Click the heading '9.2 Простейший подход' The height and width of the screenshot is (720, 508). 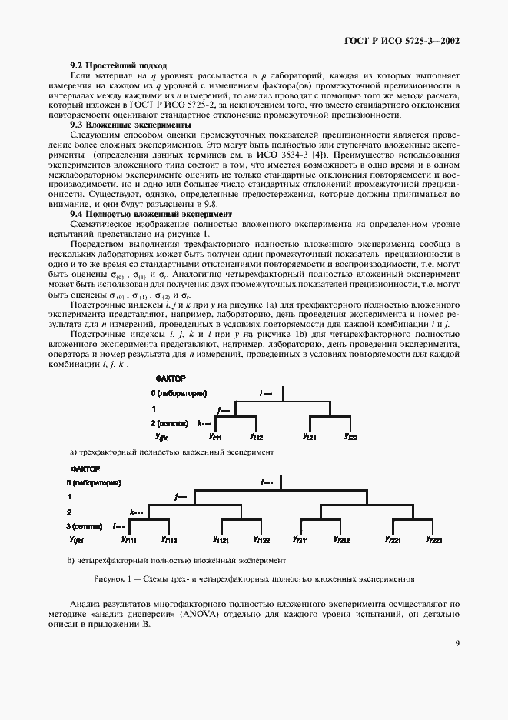118,65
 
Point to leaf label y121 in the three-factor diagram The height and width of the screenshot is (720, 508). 310,437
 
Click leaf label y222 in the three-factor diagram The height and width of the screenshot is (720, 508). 350,437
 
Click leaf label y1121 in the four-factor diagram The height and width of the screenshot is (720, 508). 221,540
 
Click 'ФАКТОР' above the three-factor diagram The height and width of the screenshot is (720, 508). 171,378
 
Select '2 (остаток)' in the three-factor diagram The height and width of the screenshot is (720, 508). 171,423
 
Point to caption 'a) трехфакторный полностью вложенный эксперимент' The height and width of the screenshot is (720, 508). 171,452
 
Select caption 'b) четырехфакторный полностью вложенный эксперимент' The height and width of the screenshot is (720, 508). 177,560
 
